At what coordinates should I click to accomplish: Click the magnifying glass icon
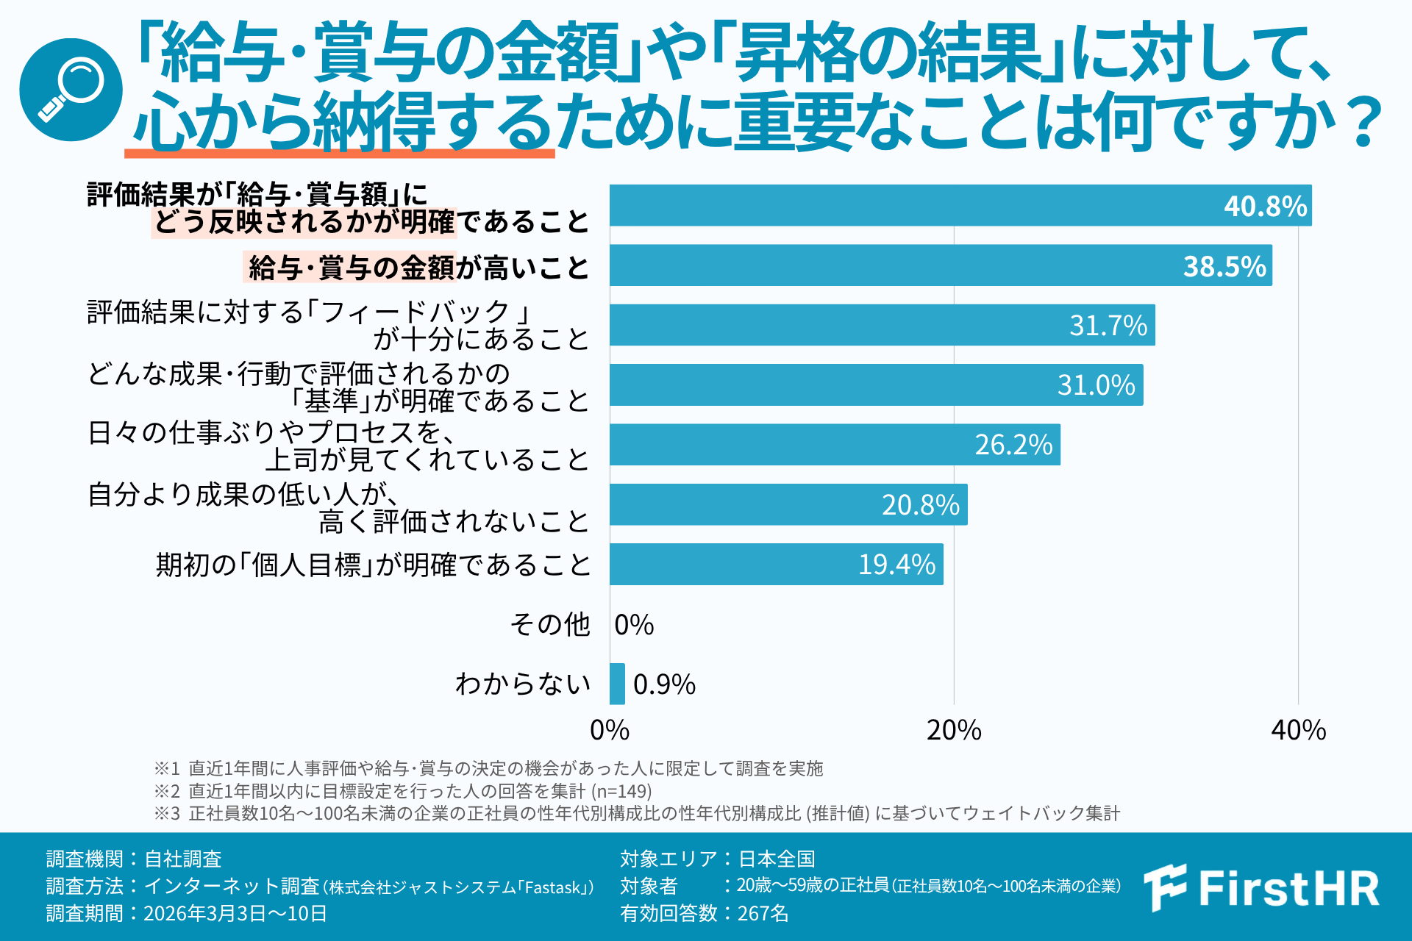point(71,90)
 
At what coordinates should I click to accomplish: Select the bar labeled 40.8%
point(960,206)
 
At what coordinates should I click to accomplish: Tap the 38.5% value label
point(1224,266)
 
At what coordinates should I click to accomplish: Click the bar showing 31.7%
point(882,325)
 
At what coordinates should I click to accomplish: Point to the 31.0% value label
point(1096,385)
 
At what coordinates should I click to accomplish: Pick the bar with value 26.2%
point(835,445)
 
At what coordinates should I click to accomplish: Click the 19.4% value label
point(896,565)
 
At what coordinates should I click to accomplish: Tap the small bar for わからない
point(617,684)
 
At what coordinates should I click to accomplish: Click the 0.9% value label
point(664,684)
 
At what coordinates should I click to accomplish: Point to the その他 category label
point(550,625)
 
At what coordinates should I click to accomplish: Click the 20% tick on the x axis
point(954,730)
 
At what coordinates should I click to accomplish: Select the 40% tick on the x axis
point(1298,730)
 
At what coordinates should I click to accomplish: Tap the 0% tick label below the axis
point(610,730)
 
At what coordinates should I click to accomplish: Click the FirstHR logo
point(1262,887)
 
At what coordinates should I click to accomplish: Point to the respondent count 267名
point(763,913)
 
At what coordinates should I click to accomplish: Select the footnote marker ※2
point(167,791)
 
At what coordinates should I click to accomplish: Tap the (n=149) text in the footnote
point(621,791)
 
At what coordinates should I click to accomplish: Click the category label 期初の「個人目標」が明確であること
point(374,565)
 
